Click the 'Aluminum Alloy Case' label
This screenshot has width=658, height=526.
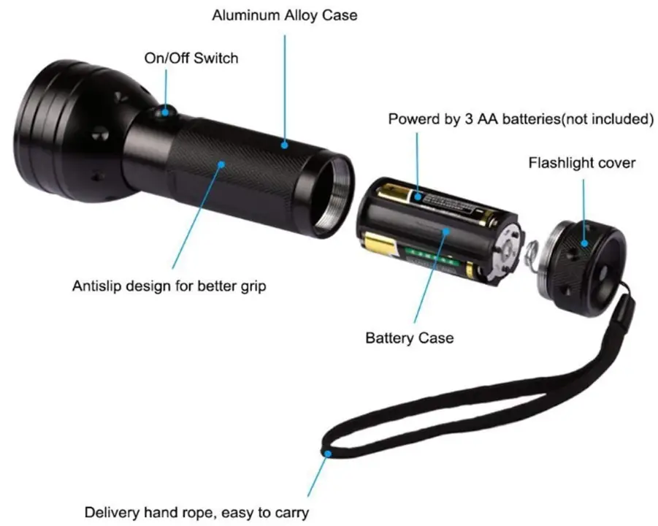pos(285,15)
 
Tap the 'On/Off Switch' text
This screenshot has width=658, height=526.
pos(191,58)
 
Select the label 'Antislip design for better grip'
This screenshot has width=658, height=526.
pos(169,286)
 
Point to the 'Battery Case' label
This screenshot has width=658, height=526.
pos(409,338)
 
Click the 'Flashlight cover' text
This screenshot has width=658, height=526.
pos(582,162)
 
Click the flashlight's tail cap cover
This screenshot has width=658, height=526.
pos(584,256)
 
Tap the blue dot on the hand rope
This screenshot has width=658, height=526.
pos(329,454)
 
